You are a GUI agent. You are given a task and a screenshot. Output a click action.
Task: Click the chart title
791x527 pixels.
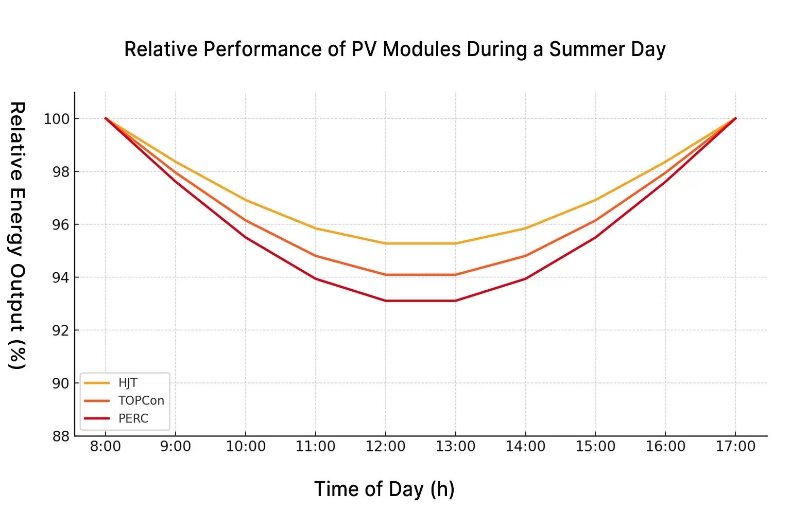(395, 49)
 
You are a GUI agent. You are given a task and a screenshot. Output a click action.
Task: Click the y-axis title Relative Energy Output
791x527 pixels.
(17, 235)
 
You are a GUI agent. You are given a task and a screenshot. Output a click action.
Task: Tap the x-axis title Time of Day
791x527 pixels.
(384, 489)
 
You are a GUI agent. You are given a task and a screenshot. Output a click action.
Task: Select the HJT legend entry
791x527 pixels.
(127, 383)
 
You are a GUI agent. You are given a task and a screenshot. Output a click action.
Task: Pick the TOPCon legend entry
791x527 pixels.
(141, 400)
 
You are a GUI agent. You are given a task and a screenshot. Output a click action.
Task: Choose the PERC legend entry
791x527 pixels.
(133, 418)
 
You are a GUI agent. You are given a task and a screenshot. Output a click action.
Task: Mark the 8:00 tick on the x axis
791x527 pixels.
(106, 446)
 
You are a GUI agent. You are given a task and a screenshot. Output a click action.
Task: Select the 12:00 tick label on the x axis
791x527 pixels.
(385, 446)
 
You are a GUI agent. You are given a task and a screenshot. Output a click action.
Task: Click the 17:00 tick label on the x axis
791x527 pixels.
(735, 446)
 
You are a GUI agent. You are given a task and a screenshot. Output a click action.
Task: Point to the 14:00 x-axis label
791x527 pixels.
(525, 446)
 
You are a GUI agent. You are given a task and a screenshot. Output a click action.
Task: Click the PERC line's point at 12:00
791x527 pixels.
(385, 301)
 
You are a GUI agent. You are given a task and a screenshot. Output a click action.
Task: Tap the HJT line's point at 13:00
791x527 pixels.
(455, 243)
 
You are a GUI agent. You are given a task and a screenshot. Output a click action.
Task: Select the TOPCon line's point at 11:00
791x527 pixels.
(315, 256)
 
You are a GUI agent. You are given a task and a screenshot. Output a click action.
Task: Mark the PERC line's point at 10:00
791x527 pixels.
(246, 237)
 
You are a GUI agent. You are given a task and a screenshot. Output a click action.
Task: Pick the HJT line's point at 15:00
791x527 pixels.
(595, 200)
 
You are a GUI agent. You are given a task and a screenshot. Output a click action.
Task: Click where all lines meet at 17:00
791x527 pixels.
(735, 118)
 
